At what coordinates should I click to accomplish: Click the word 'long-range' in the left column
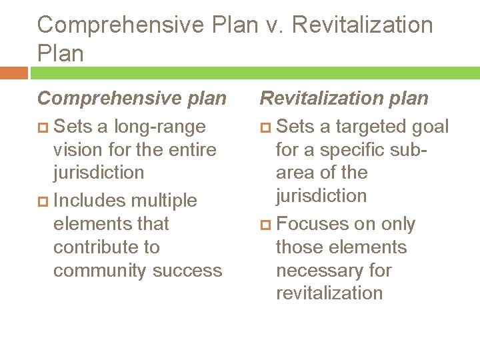159,127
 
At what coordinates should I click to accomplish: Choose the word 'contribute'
97,247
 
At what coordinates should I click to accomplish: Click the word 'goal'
431,127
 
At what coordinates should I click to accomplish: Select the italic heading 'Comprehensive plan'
132,99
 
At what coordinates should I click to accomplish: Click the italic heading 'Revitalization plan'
344,99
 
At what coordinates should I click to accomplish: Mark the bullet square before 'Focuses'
265,225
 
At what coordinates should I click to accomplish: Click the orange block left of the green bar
14,73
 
